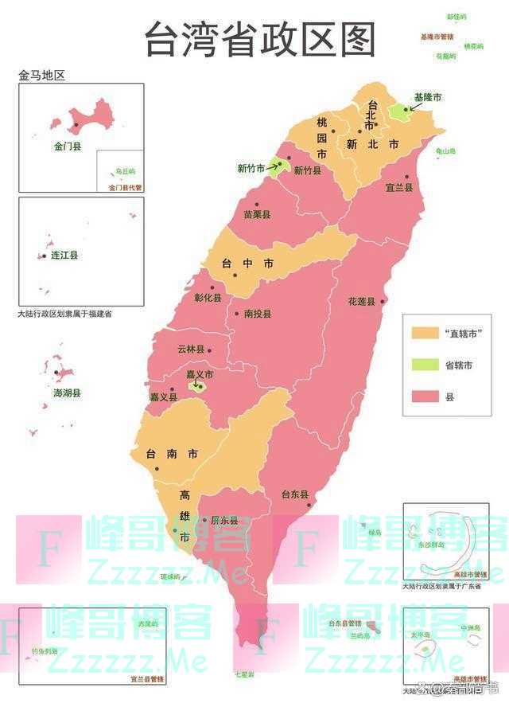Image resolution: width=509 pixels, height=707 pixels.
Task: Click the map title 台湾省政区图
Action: click(260, 39)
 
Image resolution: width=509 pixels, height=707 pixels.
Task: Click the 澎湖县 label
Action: click(66, 393)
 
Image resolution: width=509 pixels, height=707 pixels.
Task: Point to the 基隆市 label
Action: click(427, 97)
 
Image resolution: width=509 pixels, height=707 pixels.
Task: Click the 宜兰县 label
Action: click(398, 188)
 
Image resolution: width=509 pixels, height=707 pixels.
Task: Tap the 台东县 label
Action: click(294, 494)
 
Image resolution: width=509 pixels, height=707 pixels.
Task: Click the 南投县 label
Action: click(258, 314)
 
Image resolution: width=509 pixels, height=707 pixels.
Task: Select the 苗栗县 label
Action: click(256, 215)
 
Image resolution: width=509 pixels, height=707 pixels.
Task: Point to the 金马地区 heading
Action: click(41, 76)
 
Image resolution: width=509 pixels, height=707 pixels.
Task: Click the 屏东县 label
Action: click(224, 520)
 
